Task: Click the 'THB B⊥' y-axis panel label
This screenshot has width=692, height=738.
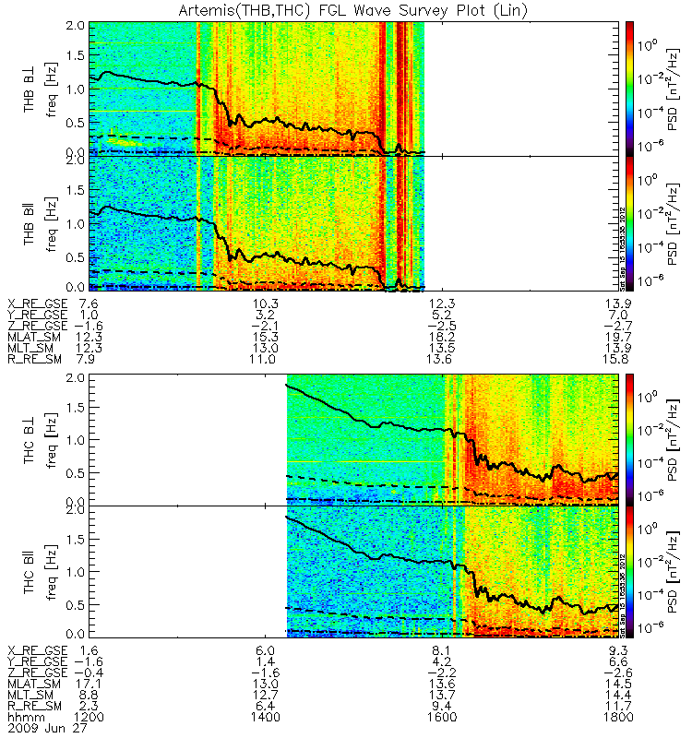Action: (30, 88)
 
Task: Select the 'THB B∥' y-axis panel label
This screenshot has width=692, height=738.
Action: (30, 221)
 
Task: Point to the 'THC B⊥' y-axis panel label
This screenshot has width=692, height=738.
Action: (30, 439)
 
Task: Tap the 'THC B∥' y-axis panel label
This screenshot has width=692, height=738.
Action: (30, 571)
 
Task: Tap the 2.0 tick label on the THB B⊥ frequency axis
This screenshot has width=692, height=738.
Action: (78, 26)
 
